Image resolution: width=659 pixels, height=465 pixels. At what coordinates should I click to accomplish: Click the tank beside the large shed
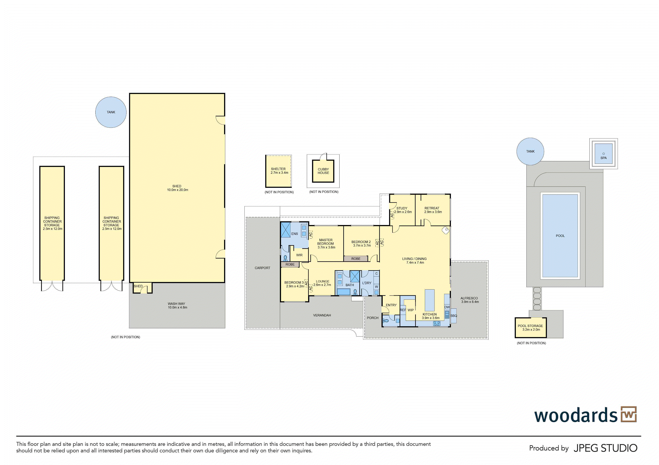coord(111,112)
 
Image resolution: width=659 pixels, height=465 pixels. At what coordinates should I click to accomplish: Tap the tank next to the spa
coord(530,151)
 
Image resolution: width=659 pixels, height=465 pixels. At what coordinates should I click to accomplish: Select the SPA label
coord(603,158)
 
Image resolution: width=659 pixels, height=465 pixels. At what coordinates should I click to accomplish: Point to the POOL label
coord(560,236)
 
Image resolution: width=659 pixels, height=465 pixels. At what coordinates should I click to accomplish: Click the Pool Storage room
coord(530,328)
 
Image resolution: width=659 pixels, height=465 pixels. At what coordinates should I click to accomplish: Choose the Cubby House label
coord(323,171)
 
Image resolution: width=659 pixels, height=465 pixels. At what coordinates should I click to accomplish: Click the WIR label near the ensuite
coord(299,255)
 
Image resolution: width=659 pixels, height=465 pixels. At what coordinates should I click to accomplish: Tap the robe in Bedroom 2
coord(356,259)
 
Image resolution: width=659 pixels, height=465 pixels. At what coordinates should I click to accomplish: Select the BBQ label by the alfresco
coord(454,316)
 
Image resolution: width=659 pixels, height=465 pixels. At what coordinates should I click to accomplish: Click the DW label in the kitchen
coord(447,307)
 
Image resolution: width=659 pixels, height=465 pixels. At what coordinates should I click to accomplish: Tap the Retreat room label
coord(432,208)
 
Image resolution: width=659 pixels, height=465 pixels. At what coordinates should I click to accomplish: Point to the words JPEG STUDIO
coord(605,448)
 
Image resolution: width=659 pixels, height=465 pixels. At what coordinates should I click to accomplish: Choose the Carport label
coord(262,268)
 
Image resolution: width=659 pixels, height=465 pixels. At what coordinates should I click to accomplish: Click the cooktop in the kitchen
coord(437,323)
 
